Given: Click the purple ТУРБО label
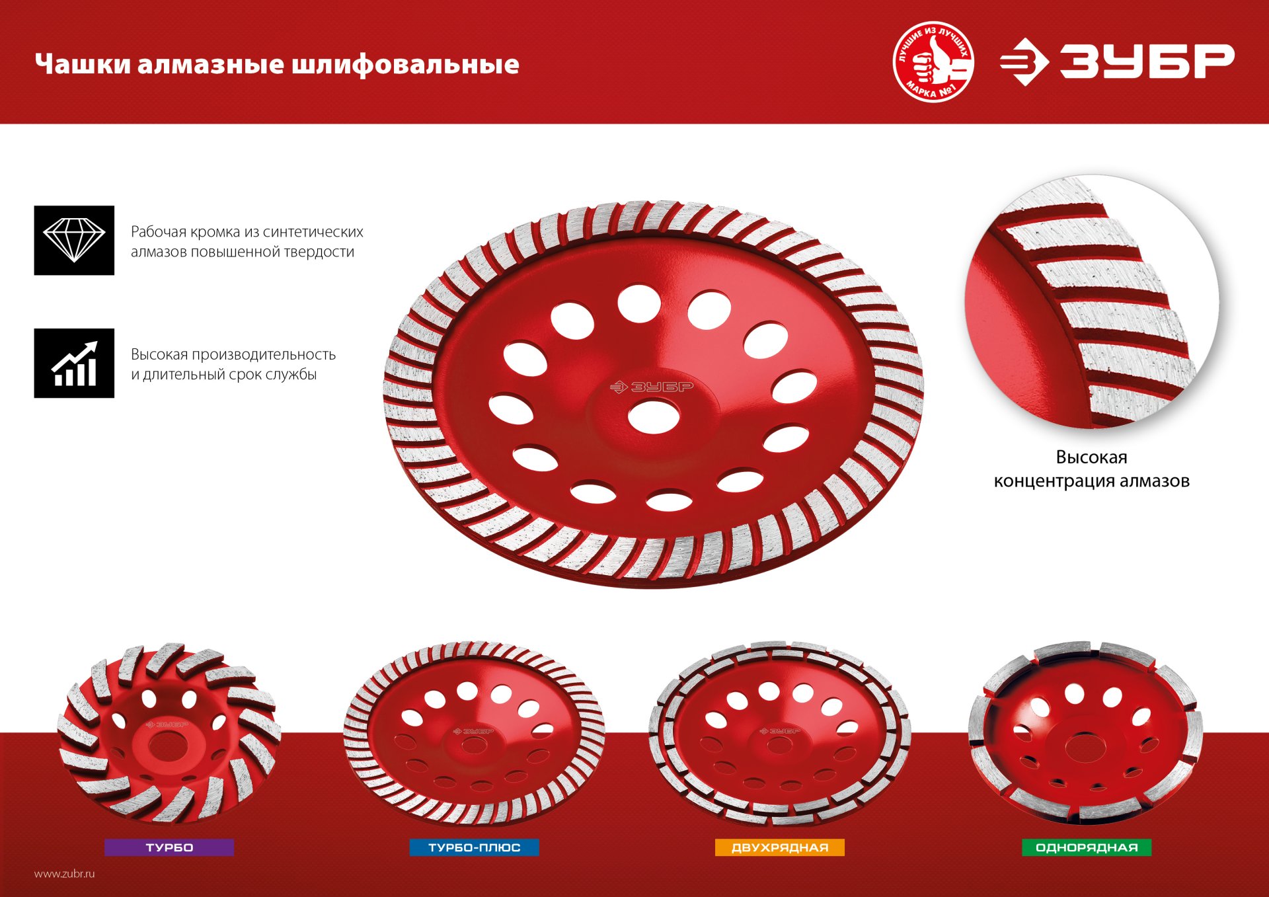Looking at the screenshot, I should [169, 847].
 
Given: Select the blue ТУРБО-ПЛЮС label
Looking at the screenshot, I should [474, 847].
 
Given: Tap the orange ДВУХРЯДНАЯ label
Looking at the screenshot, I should [779, 847].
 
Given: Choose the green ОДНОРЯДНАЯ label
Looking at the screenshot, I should [1087, 847].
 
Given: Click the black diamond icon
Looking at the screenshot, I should [74, 240].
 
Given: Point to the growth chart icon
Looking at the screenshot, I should [74, 363].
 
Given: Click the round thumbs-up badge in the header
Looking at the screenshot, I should [933, 62].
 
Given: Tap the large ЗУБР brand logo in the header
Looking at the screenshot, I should [1117, 62].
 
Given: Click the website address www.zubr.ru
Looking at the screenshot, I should [65, 874].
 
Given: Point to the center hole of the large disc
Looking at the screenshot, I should [654, 418].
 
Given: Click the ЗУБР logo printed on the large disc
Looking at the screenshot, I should [652, 387].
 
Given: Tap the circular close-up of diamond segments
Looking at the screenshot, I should [1092, 301].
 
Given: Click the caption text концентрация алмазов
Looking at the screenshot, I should [1091, 481].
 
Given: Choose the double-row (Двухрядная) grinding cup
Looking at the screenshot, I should [780, 734].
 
